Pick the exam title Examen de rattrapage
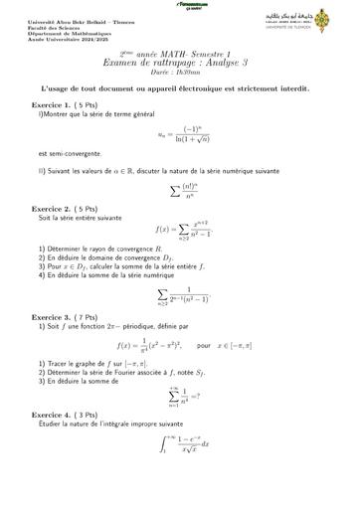(x=179, y=64)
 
